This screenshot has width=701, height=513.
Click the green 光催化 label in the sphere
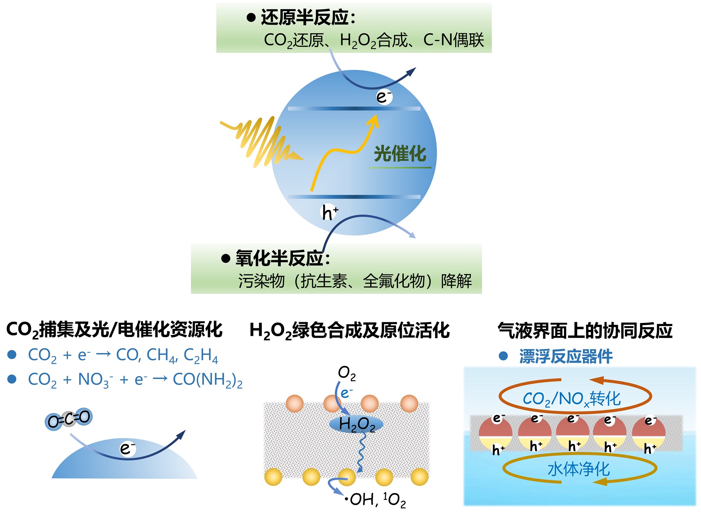[400, 154]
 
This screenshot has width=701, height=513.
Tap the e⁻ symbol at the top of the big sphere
[384, 97]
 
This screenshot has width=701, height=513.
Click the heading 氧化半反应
[282, 258]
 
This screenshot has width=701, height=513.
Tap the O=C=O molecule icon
[69, 419]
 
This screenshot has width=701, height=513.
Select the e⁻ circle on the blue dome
[127, 448]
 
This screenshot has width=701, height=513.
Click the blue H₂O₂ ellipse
[356, 424]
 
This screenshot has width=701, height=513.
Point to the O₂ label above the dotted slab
[347, 373]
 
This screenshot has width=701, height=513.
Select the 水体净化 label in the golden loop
[579, 469]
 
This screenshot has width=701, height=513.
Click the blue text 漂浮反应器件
[566, 357]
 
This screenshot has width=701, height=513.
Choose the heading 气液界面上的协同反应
[585, 330]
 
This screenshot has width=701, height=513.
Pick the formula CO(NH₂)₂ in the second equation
[208, 380]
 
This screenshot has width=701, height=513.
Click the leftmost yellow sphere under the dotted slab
[273, 477]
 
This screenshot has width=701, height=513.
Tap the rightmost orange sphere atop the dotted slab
[409, 403]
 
